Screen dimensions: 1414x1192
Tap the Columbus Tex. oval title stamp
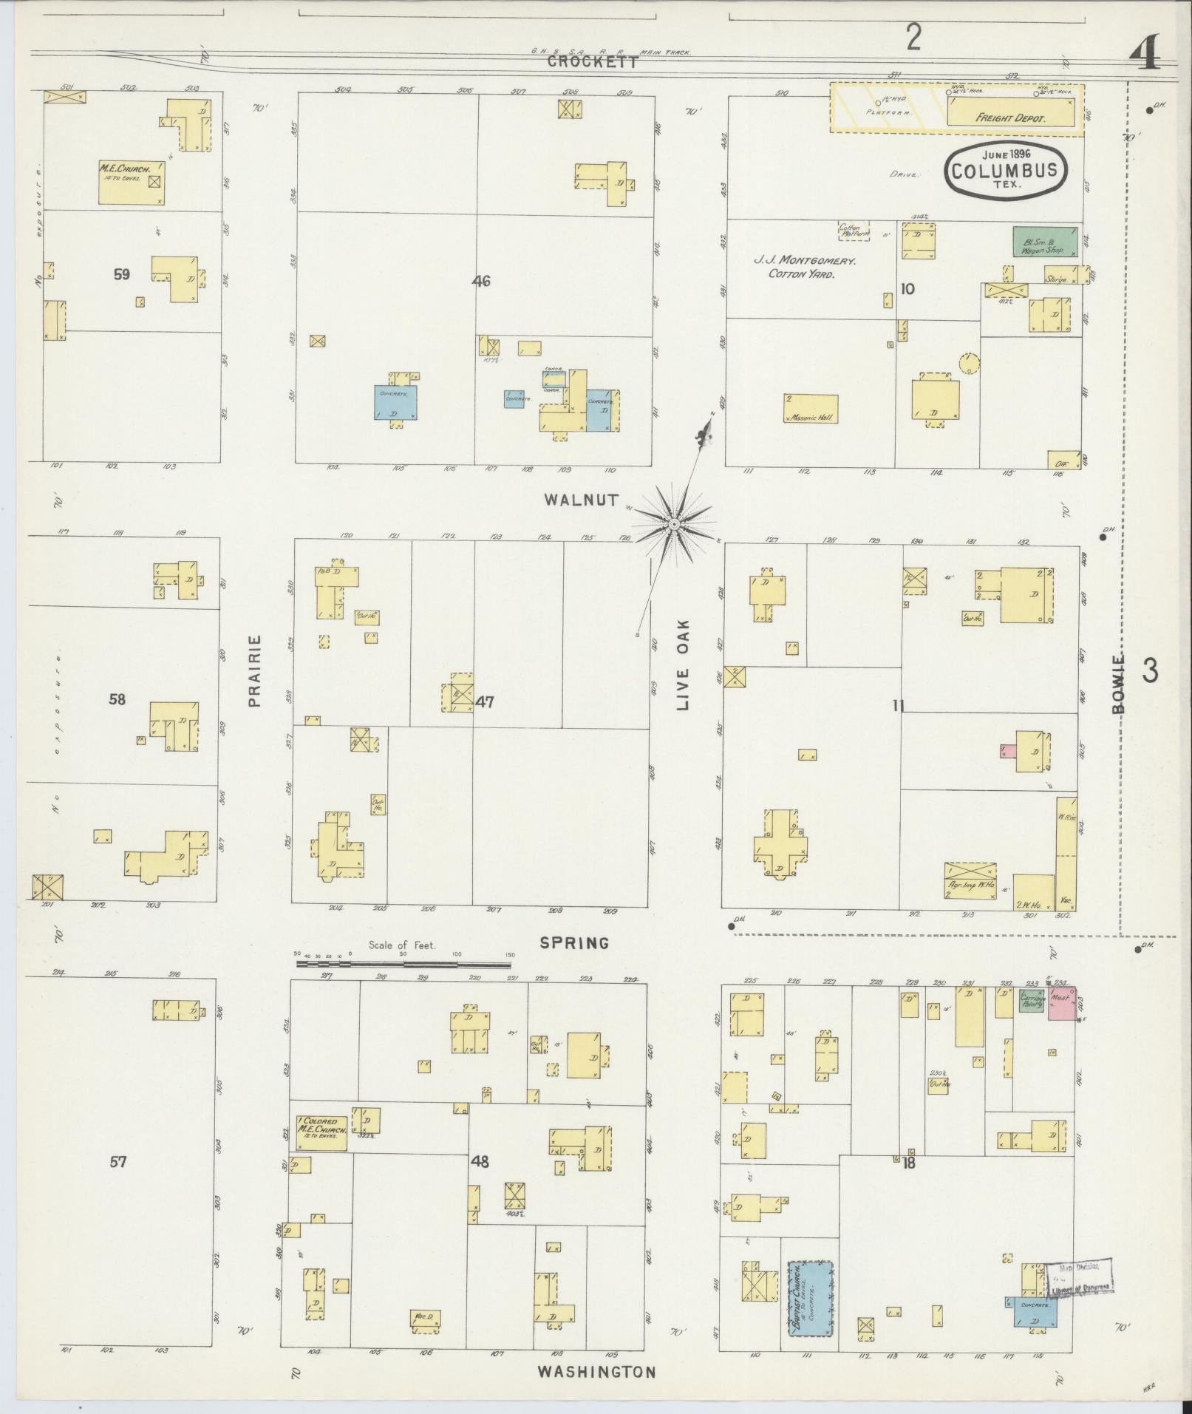coord(1004,170)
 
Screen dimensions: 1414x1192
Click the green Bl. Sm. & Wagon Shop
coord(1044,242)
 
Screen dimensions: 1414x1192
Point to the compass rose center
coord(674,524)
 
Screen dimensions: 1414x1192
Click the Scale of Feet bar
coord(403,964)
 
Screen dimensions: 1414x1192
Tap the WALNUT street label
coord(581,500)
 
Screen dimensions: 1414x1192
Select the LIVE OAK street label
coord(682,664)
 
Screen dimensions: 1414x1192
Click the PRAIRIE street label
coord(256,670)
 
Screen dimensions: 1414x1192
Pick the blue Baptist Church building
coord(810,1297)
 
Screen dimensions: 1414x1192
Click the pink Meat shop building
coord(1062,1004)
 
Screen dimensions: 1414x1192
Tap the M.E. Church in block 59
coord(132,182)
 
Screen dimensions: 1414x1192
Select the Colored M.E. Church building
coord(321,1133)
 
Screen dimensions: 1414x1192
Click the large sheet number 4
coord(1145,54)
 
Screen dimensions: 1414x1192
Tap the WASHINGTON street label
coord(596,1372)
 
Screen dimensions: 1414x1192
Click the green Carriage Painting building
coord(1031,1001)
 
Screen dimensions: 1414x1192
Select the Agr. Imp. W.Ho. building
coord(970,880)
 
